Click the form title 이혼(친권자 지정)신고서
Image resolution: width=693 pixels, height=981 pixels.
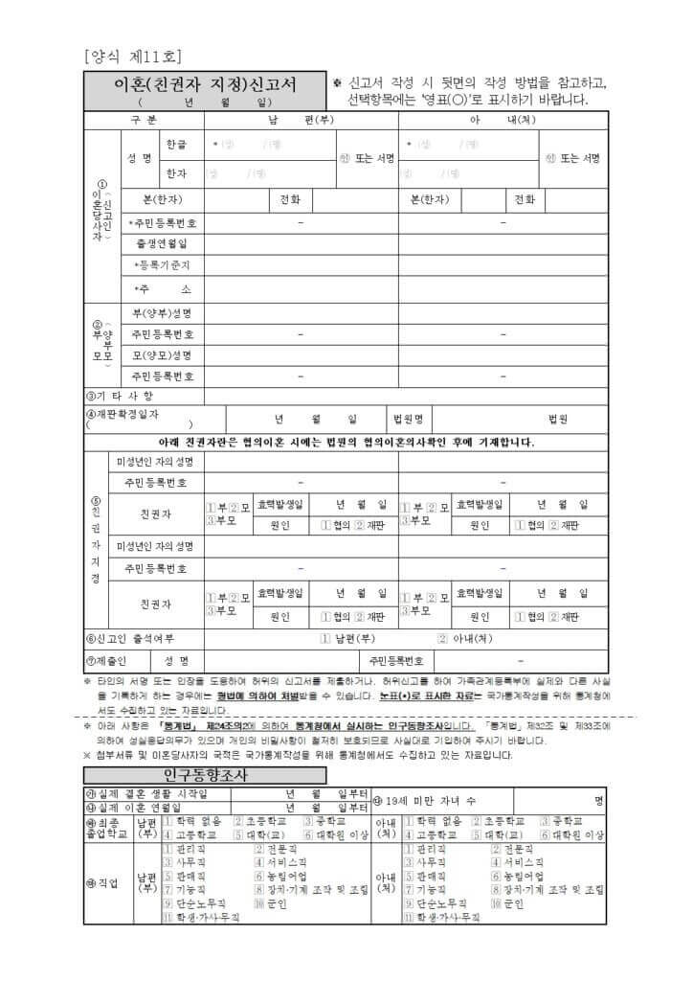pos(204,85)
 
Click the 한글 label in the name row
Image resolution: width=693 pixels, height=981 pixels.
pos(177,144)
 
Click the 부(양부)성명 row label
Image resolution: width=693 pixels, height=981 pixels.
pos(161,313)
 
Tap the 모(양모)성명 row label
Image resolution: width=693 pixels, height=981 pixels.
pos(161,355)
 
